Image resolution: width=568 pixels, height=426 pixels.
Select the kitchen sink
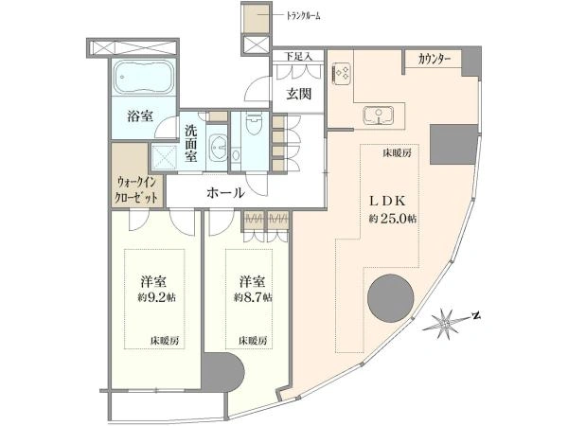click(379, 115)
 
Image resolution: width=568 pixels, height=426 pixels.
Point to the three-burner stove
click(341, 74)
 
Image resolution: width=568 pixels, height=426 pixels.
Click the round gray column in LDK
click(390, 298)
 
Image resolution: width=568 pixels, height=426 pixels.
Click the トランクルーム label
click(304, 16)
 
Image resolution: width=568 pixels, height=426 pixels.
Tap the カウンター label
click(435, 59)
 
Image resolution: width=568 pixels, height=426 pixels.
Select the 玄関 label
click(299, 94)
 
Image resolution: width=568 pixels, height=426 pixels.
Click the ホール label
click(225, 193)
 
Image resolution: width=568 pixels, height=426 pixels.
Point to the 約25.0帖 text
click(393, 219)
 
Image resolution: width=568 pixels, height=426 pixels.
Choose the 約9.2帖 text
click(156, 297)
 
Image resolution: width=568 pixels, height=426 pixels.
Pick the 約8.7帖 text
click(253, 297)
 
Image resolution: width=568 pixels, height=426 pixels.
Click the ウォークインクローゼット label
click(136, 189)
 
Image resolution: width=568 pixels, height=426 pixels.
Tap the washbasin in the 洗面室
click(219, 147)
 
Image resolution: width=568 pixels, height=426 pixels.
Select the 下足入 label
click(298, 57)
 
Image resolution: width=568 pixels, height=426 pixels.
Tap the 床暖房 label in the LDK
click(397, 153)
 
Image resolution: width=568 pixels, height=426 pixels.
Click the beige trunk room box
click(257, 18)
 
